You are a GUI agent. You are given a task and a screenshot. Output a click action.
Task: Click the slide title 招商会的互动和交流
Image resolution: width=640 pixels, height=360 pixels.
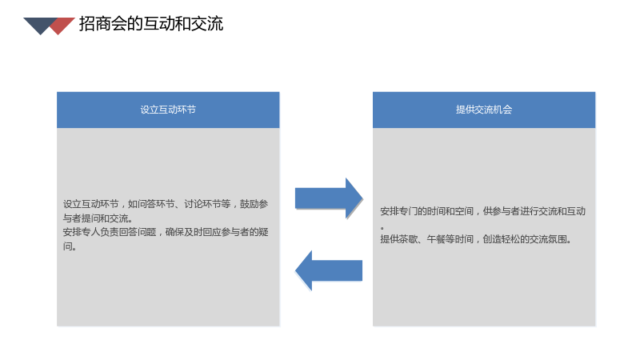point(151,24)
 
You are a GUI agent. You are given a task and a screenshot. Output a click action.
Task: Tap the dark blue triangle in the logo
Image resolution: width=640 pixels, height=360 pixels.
point(40,25)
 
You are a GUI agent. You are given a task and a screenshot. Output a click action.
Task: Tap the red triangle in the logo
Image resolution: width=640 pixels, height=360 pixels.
point(62,26)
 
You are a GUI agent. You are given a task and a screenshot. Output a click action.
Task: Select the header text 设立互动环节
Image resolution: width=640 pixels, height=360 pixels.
point(168,110)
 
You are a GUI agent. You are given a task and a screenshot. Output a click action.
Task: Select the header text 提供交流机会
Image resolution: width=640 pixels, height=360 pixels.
point(484,110)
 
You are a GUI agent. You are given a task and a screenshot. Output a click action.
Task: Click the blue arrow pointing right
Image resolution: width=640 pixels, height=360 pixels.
point(329,198)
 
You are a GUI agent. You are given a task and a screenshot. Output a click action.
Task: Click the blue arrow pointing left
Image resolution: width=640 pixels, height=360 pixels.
point(329,270)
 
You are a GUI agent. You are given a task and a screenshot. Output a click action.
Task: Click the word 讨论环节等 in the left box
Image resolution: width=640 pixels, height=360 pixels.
point(207,204)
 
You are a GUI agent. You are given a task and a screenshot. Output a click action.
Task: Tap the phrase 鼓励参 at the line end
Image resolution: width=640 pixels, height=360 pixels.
point(254,204)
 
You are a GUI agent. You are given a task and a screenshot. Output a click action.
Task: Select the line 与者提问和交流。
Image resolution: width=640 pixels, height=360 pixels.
point(98,218)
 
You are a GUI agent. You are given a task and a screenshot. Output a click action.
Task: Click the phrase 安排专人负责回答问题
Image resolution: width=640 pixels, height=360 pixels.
point(110,232)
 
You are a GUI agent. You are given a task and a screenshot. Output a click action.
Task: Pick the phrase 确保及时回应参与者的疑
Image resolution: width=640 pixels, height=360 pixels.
point(217,232)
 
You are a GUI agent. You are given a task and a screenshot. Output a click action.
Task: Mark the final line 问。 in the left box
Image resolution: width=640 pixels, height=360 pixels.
point(70,246)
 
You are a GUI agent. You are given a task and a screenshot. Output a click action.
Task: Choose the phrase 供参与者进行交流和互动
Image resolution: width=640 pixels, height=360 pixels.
point(534,211)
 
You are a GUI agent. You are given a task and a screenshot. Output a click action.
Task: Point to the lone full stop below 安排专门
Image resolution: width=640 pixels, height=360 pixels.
point(382,227)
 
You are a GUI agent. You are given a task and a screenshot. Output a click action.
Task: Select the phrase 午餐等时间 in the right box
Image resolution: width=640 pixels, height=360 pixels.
point(450,239)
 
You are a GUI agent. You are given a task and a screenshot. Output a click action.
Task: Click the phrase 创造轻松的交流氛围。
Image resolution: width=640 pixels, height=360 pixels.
point(527,239)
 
